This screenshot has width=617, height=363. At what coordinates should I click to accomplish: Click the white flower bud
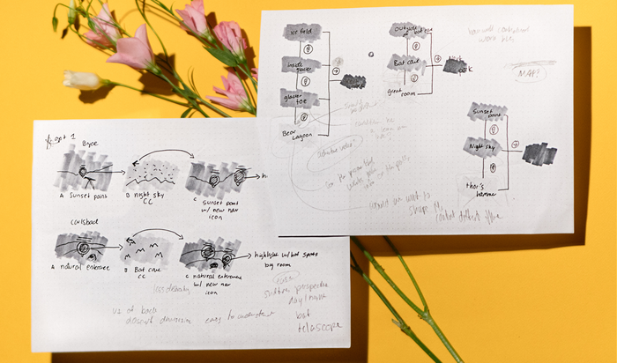click(x=82, y=79)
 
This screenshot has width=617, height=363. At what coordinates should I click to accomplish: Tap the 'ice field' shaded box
click(x=301, y=33)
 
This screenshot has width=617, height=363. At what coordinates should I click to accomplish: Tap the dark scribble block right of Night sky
click(x=539, y=154)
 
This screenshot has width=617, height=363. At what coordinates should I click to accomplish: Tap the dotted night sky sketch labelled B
click(x=152, y=173)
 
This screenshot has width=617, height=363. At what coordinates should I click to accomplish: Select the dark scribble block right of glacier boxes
click(x=353, y=81)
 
